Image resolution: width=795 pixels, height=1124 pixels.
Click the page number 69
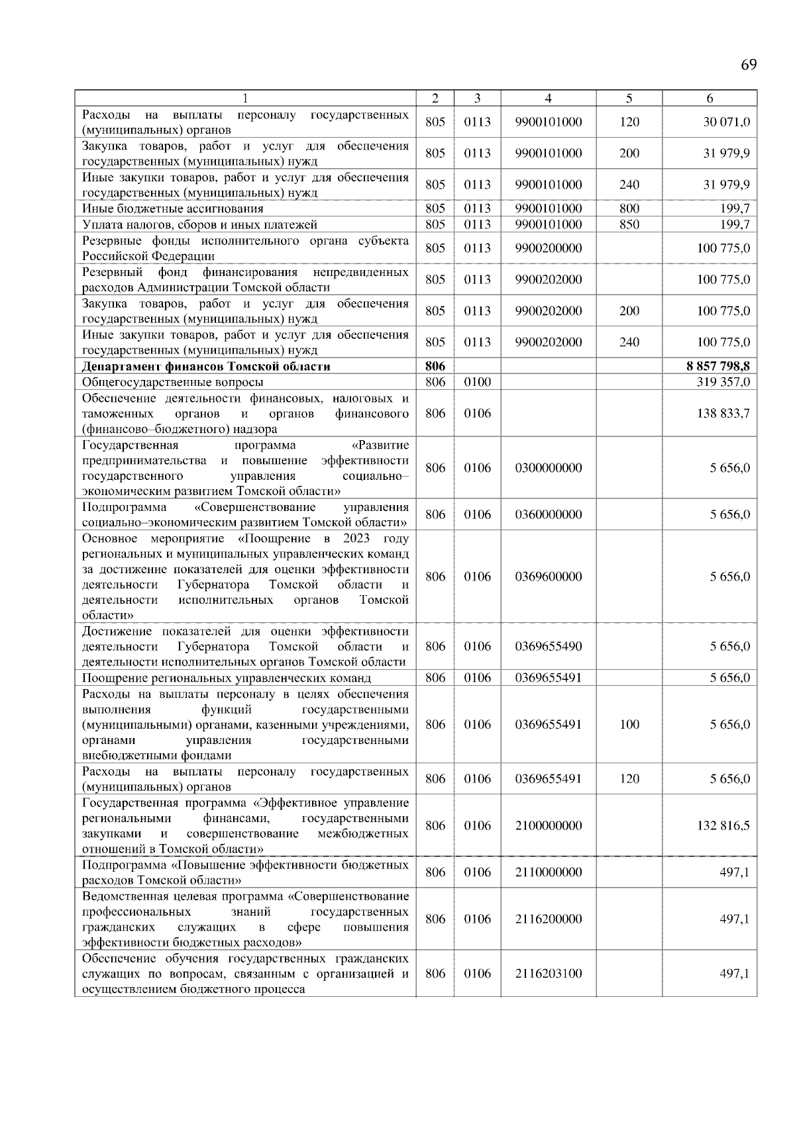pyautogui.click(x=748, y=65)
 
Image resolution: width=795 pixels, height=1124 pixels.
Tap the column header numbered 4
pyautogui.click(x=548, y=98)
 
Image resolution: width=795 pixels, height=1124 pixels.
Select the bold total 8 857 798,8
pyautogui.click(x=719, y=366)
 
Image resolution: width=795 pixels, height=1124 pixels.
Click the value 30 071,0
pyautogui.click(x=726, y=122)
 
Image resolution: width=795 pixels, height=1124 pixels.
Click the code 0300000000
pyautogui.click(x=548, y=468)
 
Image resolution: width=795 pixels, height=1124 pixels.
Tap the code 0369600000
pyautogui.click(x=548, y=577)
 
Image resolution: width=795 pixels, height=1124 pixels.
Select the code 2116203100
pyautogui.click(x=548, y=974)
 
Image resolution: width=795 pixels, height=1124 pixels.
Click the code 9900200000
pyautogui.click(x=548, y=248)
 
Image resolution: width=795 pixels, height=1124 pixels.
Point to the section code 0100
pyautogui.click(x=477, y=382)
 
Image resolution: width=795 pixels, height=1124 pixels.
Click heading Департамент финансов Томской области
pyautogui.click(x=206, y=366)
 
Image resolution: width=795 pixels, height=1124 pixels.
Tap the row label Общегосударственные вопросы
pyautogui.click(x=172, y=382)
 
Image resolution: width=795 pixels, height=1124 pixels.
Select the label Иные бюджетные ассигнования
pyautogui.click(x=172, y=209)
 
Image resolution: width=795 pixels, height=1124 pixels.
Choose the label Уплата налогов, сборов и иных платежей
pyautogui.click(x=199, y=224)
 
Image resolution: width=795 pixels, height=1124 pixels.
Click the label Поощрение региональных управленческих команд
pyautogui.click(x=226, y=678)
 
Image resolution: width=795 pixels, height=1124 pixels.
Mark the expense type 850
pyautogui.click(x=629, y=224)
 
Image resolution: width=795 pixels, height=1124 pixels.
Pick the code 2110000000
pyautogui.click(x=548, y=872)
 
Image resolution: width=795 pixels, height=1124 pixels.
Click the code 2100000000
pyautogui.click(x=548, y=825)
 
